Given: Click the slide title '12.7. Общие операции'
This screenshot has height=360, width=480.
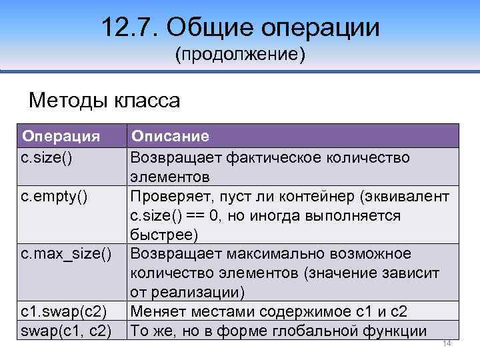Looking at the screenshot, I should (x=241, y=28).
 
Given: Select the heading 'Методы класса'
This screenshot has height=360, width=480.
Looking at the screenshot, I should (x=105, y=101).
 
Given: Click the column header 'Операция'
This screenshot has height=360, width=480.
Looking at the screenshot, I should (x=61, y=137).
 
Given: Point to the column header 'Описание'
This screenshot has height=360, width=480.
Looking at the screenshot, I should (x=170, y=137).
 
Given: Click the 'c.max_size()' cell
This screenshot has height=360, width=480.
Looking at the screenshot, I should (x=66, y=254).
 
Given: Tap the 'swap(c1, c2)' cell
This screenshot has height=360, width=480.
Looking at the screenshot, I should (x=64, y=331).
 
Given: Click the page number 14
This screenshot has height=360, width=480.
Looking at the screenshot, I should (x=447, y=343).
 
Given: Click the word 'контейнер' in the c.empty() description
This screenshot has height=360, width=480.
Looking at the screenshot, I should (x=315, y=197).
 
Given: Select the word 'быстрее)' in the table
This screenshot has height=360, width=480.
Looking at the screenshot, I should (x=164, y=235).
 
